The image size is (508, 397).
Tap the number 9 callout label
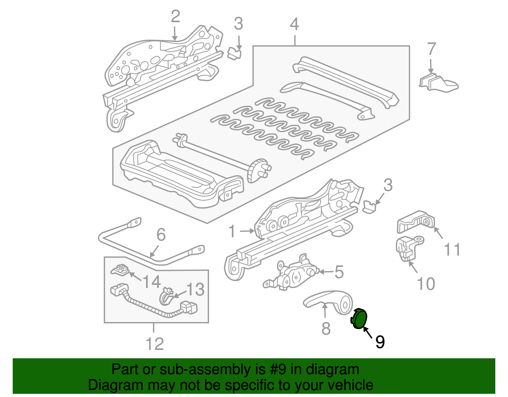point(380,342)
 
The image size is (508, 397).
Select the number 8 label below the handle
point(326,329)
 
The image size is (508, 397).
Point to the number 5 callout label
point(339,272)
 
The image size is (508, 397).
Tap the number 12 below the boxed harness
point(155,344)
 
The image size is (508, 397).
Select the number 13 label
point(195,290)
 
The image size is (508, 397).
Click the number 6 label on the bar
point(161,235)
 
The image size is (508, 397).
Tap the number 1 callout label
point(232,231)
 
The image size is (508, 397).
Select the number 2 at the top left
point(175,17)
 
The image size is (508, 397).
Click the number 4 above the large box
point(294,24)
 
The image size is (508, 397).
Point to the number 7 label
point(431,50)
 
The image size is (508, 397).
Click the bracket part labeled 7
point(438,83)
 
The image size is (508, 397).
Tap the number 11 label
point(452,250)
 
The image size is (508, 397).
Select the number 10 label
point(425,284)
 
